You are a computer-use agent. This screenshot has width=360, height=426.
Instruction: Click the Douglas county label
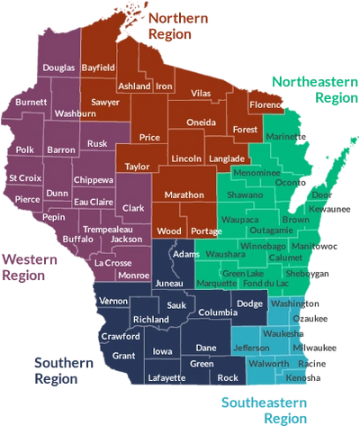(59, 68)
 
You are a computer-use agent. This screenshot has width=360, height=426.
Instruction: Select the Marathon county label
(183, 195)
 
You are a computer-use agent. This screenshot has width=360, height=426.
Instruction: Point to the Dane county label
(205, 347)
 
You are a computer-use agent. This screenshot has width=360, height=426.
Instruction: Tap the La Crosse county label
(112, 263)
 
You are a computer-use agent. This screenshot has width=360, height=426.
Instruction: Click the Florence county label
(265, 105)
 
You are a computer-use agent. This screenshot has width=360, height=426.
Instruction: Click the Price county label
(149, 137)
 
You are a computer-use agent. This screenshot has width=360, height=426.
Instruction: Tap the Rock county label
(229, 377)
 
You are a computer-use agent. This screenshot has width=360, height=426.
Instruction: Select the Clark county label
(133, 208)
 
